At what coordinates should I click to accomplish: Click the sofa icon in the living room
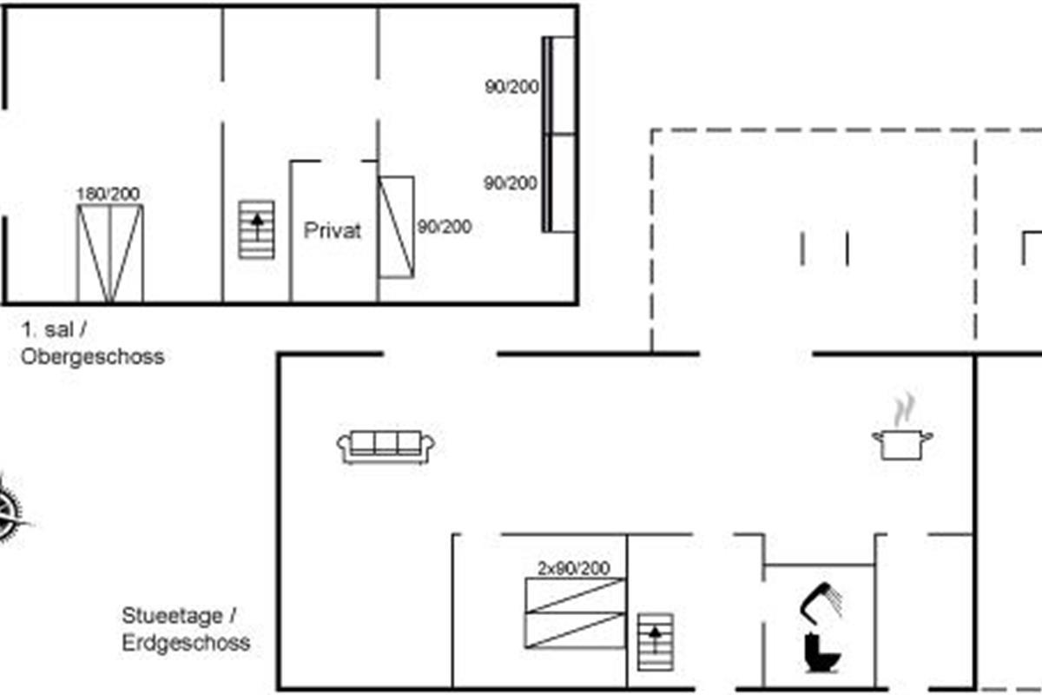pos(386,447)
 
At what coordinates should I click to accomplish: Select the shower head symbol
pos(821,603)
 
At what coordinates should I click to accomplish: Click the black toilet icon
pos(821,652)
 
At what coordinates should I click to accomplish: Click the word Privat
pos(332,230)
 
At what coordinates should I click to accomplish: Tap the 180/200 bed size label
pos(108,194)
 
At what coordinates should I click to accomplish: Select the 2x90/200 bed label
pos(574,568)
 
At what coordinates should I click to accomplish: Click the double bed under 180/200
pos(110,254)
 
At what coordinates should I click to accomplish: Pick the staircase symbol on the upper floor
pos(256,230)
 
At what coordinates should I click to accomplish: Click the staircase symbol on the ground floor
pos(655,642)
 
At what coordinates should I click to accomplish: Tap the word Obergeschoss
pos(93,357)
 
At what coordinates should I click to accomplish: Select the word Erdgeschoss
pos(186,643)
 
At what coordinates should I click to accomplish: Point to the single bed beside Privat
pos(396,227)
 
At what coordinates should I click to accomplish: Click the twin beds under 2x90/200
pos(575,613)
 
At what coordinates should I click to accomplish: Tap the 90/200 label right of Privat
pos(445,227)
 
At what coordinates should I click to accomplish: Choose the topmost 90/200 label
pos(511,87)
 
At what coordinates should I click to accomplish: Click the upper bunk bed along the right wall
pos(559,86)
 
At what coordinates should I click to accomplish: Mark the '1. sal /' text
pos(54,330)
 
